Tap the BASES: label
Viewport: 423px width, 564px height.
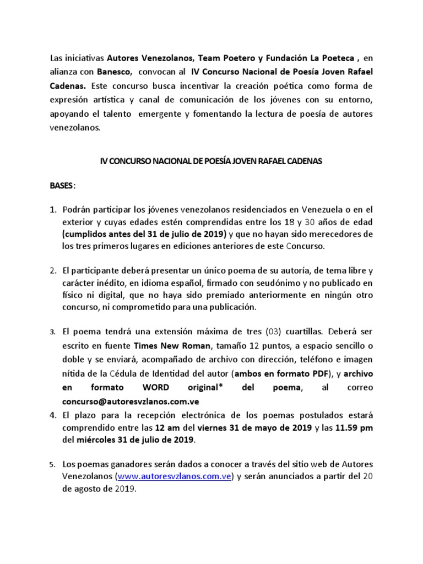point(62,186)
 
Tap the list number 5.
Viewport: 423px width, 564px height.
point(53,464)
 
